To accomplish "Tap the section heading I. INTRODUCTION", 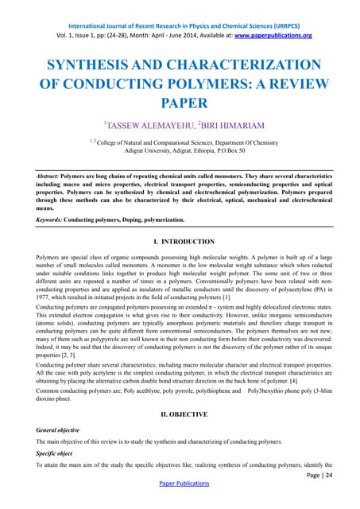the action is pyautogui.click(x=180, y=241).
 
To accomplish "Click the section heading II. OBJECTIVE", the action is pyautogui.click(x=180, y=414).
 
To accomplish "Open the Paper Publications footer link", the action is pyautogui.click(x=180, y=501).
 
